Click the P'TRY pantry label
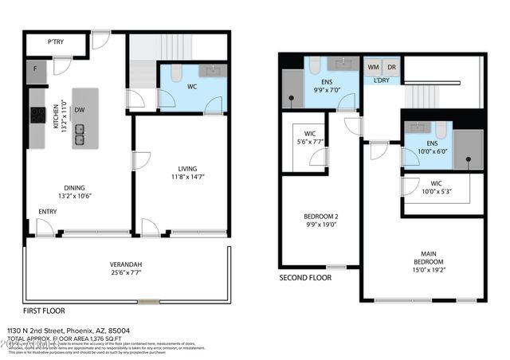click(x=56, y=41)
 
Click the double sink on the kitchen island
click(x=80, y=135)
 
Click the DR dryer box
click(x=391, y=67)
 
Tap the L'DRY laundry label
click(x=382, y=80)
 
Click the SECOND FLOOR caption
click(x=305, y=278)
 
